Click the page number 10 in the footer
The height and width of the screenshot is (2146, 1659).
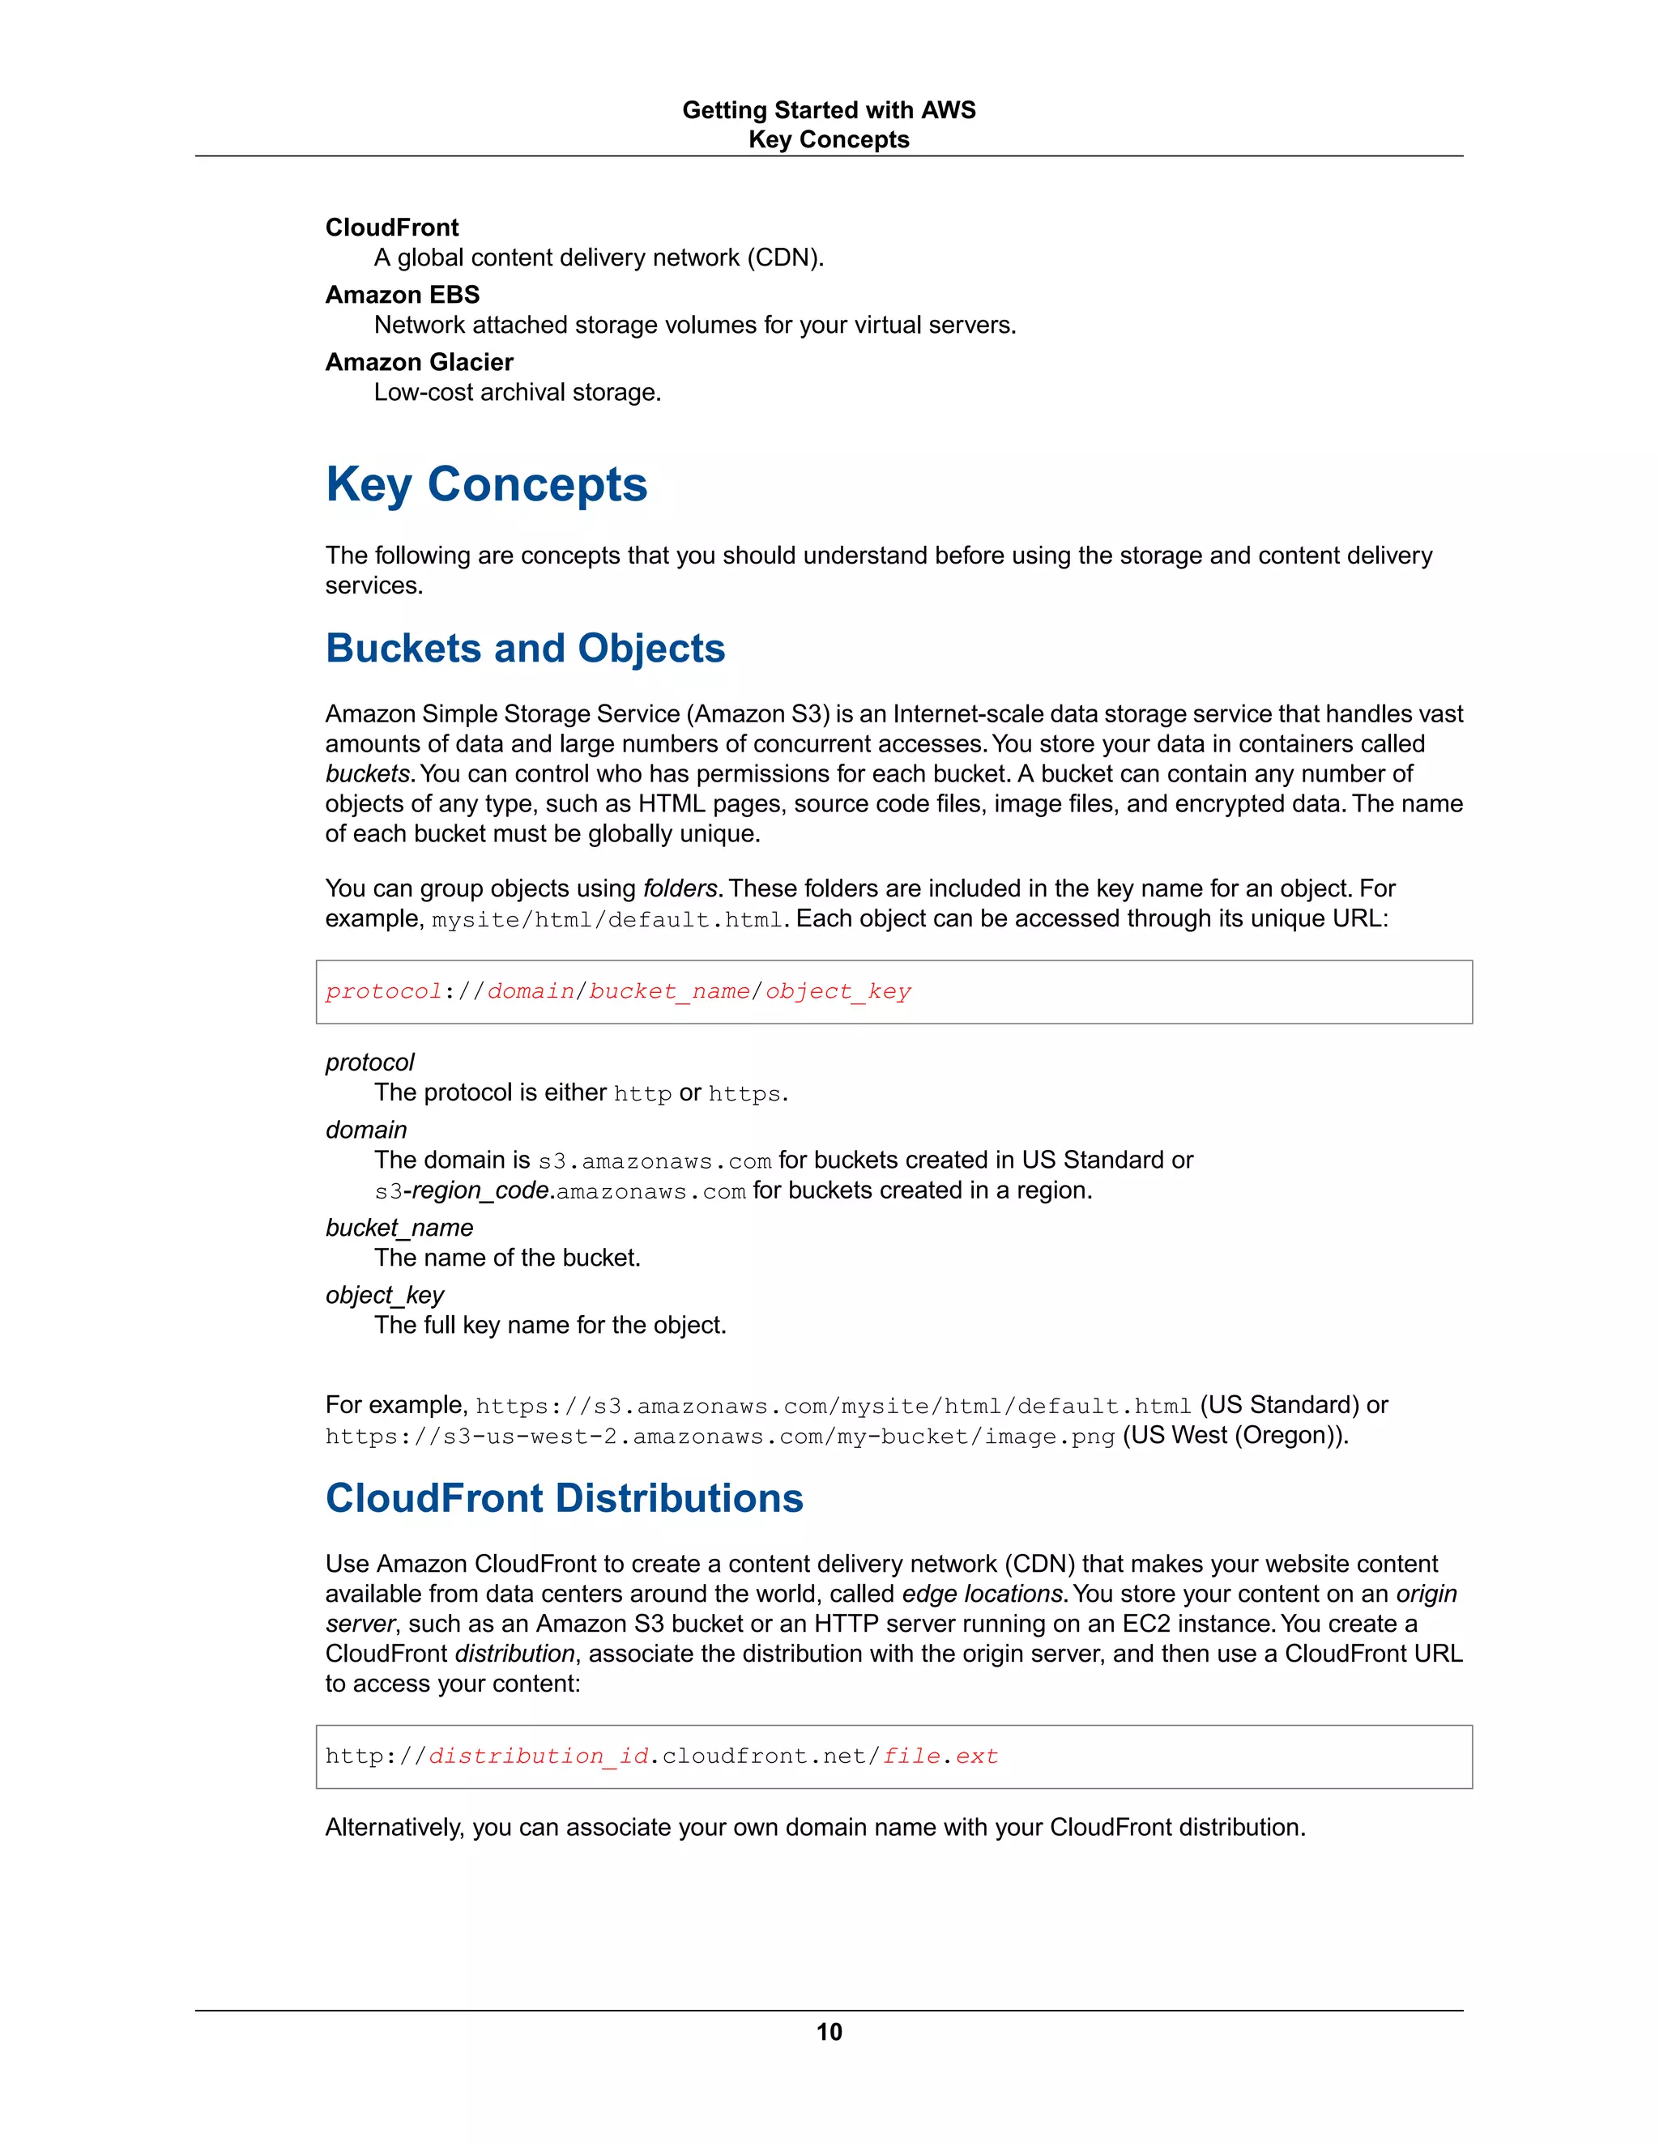pos(829,2031)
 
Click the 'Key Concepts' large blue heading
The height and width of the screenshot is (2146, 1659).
pos(487,484)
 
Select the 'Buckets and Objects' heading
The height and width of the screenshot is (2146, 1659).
pos(525,649)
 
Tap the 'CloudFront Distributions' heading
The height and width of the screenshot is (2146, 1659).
pos(564,1498)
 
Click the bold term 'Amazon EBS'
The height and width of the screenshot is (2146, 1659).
pos(402,295)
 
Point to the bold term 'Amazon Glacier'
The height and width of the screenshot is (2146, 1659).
pos(419,363)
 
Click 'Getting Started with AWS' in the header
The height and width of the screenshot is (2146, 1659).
pos(829,110)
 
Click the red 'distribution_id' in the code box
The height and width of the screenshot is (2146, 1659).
pos(539,1756)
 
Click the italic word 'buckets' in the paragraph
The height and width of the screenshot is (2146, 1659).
pos(367,774)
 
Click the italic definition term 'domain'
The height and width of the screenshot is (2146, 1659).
pos(365,1130)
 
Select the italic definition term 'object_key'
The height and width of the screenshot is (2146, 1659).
pos(384,1295)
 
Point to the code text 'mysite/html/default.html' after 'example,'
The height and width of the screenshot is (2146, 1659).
pos(607,920)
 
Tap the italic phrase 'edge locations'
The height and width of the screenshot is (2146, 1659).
pos(983,1594)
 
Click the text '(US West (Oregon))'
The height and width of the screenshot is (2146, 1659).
pos(1234,1436)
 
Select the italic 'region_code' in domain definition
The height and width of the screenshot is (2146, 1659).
pos(480,1191)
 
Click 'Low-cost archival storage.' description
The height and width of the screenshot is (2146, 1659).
pos(517,392)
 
